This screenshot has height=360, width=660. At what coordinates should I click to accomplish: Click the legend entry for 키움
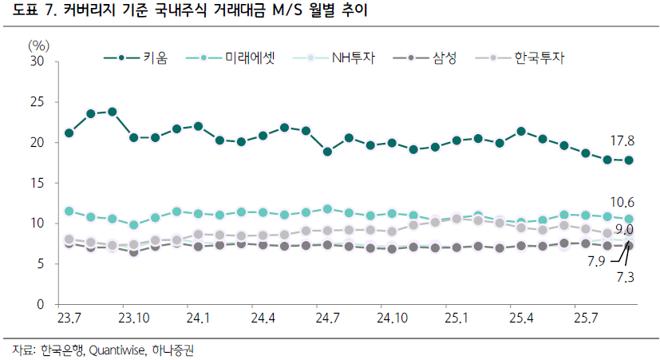(136, 57)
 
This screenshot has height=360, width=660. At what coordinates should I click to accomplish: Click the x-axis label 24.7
(327, 318)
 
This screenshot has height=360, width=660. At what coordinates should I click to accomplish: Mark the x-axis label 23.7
(69, 318)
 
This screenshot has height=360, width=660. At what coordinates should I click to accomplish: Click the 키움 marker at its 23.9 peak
(112, 112)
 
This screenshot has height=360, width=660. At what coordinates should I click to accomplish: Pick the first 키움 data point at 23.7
(69, 133)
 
